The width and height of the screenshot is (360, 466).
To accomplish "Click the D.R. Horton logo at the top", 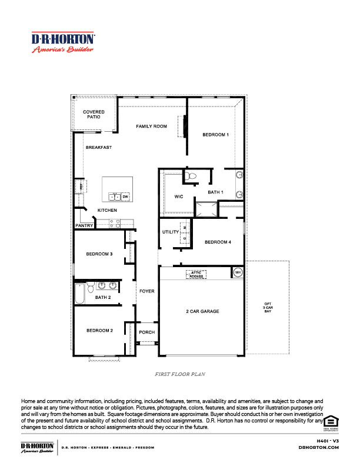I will (62, 42).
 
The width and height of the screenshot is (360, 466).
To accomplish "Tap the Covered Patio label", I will (93, 114).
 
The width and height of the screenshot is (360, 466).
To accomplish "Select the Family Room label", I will (152, 127).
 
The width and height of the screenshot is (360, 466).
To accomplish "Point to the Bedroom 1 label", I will (215, 135).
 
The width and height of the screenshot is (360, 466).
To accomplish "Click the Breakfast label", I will (98, 147).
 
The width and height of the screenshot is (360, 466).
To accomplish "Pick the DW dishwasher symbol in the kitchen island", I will (125, 197).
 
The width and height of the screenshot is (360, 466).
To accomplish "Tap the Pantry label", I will (85, 225).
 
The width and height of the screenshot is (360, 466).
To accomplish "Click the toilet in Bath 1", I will (190, 175).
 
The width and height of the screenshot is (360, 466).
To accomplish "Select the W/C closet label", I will (180, 197).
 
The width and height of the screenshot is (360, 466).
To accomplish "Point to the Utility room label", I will (170, 232).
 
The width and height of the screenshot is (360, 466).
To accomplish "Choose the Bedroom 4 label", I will (218, 242).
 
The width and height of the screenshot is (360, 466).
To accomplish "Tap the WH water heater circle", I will (238, 272).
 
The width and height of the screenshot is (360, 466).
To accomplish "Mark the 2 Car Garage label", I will (202, 311).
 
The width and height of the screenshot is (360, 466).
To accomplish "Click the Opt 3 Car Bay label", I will (268, 307).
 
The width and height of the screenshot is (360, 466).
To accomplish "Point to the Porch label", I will (146, 332).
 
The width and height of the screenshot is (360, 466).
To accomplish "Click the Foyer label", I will (146, 291).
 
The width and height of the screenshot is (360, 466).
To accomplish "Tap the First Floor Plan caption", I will (180, 374).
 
